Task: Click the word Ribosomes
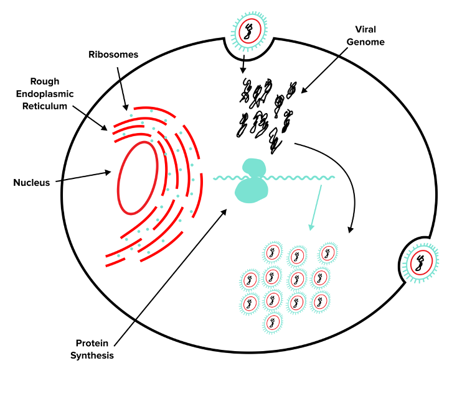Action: (113, 55)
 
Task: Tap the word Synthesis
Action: (92, 355)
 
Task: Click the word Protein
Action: (92, 343)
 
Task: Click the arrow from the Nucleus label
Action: (84, 176)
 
